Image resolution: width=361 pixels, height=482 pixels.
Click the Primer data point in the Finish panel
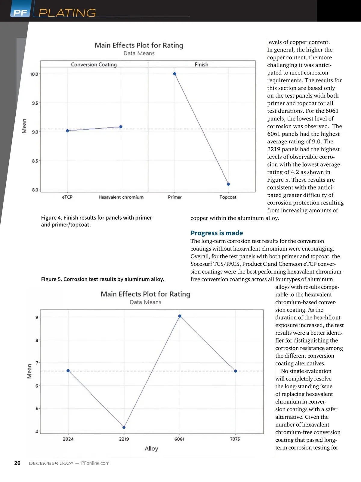[174, 74]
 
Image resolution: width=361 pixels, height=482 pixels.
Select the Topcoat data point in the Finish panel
[228, 184]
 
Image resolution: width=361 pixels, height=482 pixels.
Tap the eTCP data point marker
[67, 131]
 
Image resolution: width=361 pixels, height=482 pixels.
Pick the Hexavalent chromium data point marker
[121, 127]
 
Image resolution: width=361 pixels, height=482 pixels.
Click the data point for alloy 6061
[180, 316]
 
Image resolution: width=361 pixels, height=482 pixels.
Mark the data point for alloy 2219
[124, 427]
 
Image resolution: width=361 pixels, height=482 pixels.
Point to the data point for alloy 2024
[68, 371]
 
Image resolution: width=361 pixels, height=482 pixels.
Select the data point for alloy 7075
[235, 371]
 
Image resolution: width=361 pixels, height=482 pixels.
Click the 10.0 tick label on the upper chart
[34, 74]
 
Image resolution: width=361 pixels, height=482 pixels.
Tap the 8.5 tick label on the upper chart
[35, 161]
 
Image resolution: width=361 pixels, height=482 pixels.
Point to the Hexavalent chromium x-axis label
[121, 197]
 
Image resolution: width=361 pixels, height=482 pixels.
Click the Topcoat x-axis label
[228, 197]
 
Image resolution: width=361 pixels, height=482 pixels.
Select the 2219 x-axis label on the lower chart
[124, 439]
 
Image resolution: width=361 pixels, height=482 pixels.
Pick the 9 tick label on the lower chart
[37, 317]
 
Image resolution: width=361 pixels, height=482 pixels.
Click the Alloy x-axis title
[151, 449]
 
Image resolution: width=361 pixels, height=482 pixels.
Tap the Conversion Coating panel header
[94, 64]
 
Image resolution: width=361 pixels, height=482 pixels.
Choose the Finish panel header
[201, 64]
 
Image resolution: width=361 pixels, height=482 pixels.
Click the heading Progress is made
[217, 233]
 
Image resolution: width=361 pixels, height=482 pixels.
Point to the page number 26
[17, 463]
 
